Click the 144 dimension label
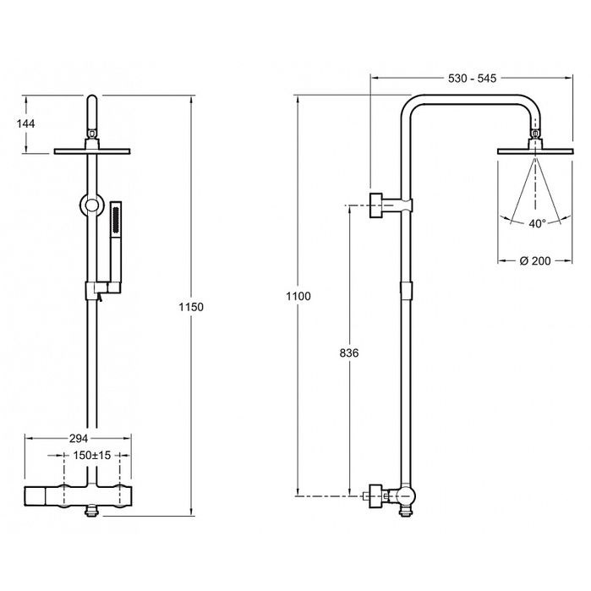25,123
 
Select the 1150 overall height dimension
191,307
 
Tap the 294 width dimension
79,438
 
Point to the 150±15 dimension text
92,456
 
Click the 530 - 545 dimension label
472,79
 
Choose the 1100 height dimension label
298,296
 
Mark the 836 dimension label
349,353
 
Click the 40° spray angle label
537,223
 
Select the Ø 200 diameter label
535,260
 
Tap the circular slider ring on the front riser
91,205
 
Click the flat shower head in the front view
92,151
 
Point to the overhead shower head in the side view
535,151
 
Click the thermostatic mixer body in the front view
79,496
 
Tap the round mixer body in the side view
406,497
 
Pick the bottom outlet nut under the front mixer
92,512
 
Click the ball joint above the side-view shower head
535,133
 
